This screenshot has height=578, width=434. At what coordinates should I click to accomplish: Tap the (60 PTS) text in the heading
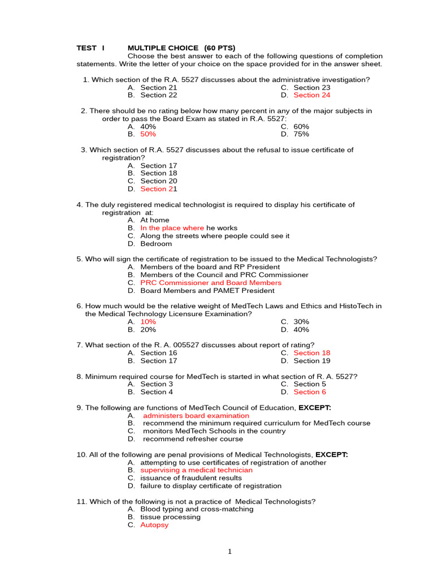(x=220, y=48)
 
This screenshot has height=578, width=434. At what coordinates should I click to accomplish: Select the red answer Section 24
(x=312, y=95)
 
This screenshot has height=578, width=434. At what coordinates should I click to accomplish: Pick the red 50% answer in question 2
(x=148, y=134)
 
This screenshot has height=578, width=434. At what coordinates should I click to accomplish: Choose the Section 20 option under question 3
(x=158, y=181)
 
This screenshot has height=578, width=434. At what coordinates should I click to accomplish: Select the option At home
(x=154, y=220)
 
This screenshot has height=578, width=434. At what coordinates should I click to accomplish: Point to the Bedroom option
(x=156, y=244)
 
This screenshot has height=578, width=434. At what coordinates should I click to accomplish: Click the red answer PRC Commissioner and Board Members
(x=210, y=283)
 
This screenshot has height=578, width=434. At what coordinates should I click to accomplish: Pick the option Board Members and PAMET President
(x=207, y=291)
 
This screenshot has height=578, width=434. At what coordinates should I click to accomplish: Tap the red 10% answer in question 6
(x=148, y=322)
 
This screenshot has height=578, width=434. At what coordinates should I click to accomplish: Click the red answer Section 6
(x=310, y=392)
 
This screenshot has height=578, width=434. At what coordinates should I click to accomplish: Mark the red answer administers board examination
(x=196, y=415)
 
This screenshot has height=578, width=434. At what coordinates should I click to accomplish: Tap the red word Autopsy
(x=154, y=525)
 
